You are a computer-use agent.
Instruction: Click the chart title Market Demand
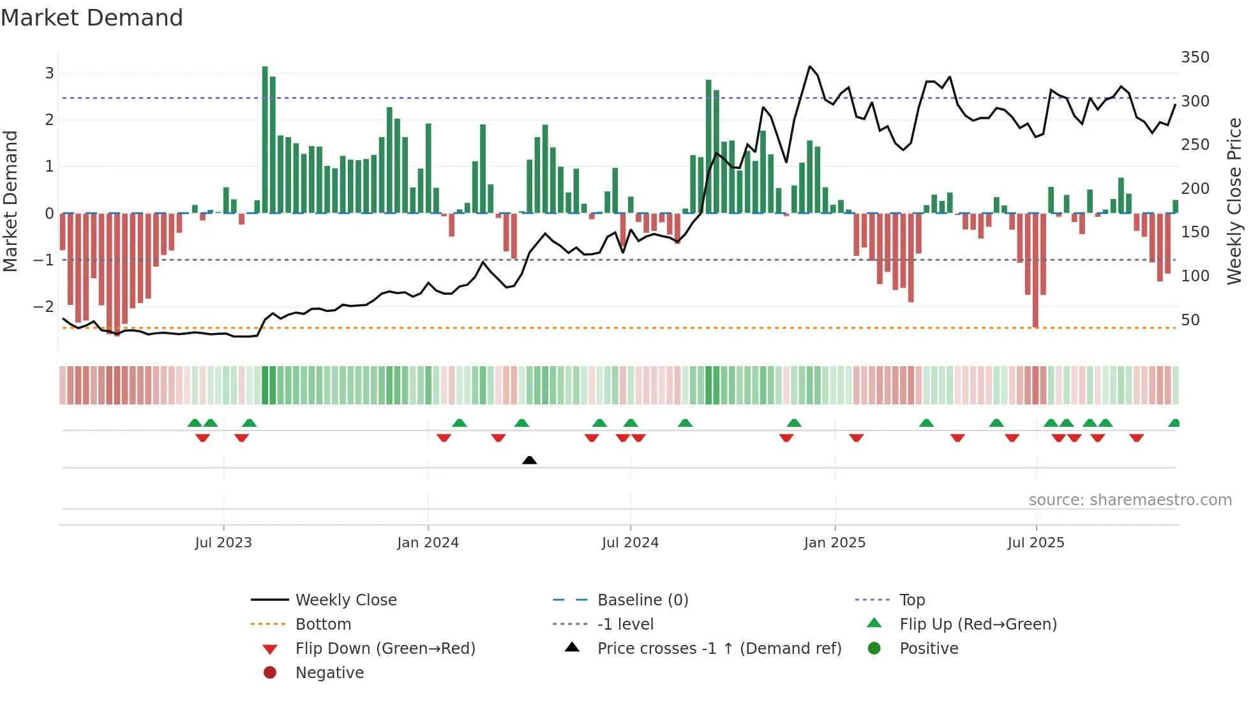pyautogui.click(x=92, y=18)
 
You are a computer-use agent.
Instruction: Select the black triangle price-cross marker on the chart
pyautogui.click(x=529, y=460)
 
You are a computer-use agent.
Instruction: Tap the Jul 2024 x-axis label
pyautogui.click(x=630, y=543)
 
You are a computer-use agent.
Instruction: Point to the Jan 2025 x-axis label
pyautogui.click(x=834, y=543)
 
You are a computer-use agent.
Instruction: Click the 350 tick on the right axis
pyautogui.click(x=1195, y=57)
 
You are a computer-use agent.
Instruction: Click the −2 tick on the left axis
pyautogui.click(x=43, y=307)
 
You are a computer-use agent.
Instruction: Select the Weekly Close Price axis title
pyautogui.click(x=1234, y=201)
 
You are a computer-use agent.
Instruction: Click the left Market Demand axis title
pyautogui.click(x=11, y=201)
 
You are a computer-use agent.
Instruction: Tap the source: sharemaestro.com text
pyautogui.click(x=1130, y=500)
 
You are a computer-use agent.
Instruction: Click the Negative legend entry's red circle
pyautogui.click(x=270, y=673)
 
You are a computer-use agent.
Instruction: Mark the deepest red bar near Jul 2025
pyautogui.click(x=1035, y=271)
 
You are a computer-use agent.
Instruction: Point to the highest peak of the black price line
pyautogui.click(x=809, y=66)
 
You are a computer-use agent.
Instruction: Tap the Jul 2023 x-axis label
pyautogui.click(x=223, y=543)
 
